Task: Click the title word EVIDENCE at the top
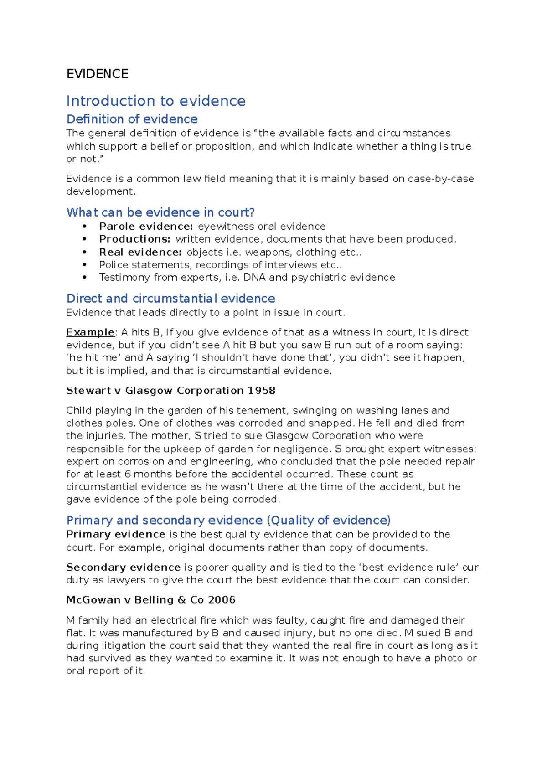(97, 74)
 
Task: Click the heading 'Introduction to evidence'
(155, 101)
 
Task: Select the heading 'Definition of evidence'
(132, 119)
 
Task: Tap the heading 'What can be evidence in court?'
(160, 212)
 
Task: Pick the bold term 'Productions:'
(135, 239)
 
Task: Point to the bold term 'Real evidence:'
(140, 252)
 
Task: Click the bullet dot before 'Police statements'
(84, 265)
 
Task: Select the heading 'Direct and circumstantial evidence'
(170, 299)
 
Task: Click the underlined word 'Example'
(90, 332)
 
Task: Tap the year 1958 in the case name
(262, 391)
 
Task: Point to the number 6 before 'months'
(128, 474)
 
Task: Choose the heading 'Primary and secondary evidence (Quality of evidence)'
(228, 521)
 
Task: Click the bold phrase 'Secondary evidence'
(123, 568)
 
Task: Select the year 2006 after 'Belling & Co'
(222, 600)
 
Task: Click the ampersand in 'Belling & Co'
(182, 600)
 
